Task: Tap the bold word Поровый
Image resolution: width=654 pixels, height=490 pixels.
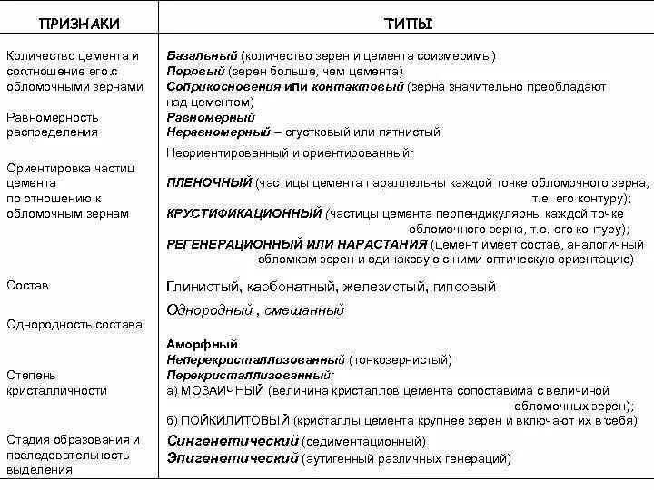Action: [194, 71]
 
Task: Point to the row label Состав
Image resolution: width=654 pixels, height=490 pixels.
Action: [27, 285]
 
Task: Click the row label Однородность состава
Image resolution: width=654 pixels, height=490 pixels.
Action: [74, 324]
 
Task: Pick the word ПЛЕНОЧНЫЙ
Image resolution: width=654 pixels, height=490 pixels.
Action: [209, 182]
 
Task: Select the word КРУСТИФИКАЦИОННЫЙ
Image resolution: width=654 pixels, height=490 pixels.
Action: [244, 213]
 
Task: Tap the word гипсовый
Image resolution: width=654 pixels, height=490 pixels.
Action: [464, 287]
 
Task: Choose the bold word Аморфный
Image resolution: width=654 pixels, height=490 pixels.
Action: [202, 344]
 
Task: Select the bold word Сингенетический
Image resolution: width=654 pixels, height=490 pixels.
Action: [233, 440]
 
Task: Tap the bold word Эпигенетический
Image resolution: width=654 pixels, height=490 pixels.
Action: [233, 458]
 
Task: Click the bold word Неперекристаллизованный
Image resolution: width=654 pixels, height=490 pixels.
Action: [256, 359]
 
